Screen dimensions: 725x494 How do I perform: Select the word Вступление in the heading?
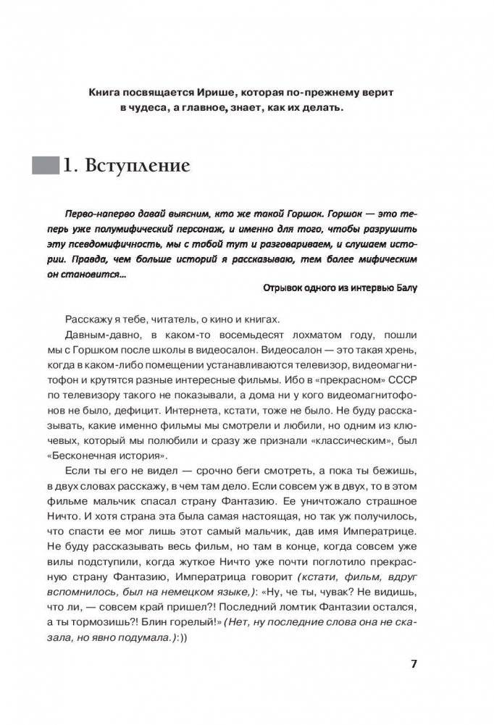point(137,166)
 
